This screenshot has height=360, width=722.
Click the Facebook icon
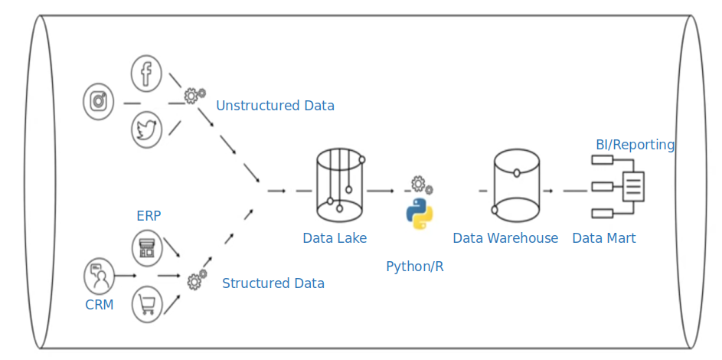tap(145, 74)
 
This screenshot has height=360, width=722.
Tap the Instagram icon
tap(98, 101)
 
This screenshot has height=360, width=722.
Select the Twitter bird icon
tap(145, 129)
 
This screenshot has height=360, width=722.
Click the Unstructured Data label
tap(275, 106)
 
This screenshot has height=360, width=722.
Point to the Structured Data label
tap(273, 283)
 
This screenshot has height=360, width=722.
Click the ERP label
tap(149, 216)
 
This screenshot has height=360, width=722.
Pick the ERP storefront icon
tap(147, 247)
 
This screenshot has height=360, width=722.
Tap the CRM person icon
tap(100, 276)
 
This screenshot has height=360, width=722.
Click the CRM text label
tap(100, 305)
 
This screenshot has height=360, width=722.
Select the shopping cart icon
tap(147, 303)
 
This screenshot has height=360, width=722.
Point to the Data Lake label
tap(335, 238)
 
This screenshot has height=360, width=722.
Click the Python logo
tap(419, 214)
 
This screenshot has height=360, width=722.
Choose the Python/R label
tap(415, 267)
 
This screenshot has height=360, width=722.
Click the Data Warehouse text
tap(505, 238)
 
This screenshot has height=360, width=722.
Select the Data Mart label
tap(604, 238)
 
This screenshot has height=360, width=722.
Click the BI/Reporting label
tap(635, 145)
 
